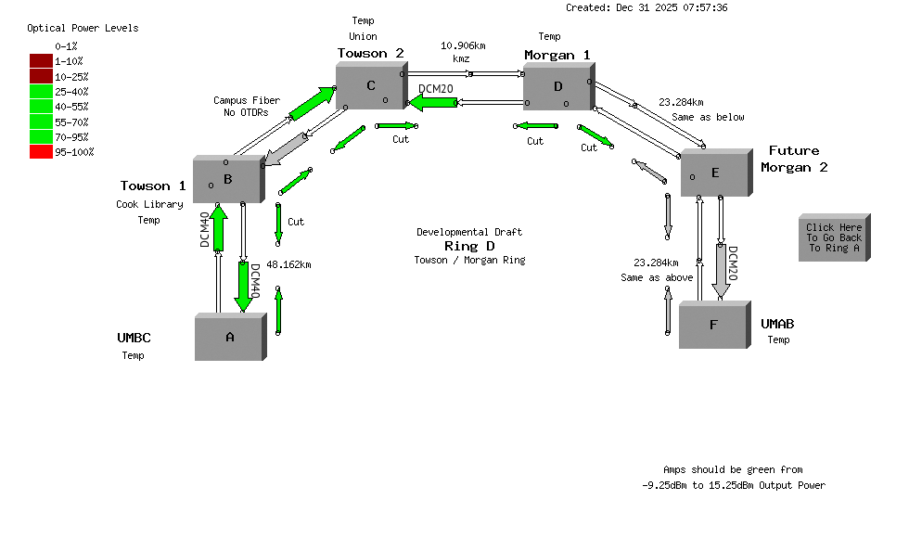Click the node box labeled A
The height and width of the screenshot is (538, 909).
[229, 338]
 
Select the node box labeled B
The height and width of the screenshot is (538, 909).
[227, 180]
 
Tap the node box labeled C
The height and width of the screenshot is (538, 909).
[370, 87]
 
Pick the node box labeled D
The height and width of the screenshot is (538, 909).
[558, 87]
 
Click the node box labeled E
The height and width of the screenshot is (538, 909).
[715, 173]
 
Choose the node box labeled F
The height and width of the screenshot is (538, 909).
[712, 325]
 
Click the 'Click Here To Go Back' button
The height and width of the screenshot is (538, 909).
[833, 238]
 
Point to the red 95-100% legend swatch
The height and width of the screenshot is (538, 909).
[41, 152]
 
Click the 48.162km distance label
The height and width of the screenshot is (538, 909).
[288, 264]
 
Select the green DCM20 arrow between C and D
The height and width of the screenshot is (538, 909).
[434, 102]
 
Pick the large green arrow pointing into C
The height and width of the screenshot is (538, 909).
[312, 103]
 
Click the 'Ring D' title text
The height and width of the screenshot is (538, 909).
[468, 246]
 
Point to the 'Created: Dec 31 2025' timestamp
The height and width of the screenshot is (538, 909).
[646, 7]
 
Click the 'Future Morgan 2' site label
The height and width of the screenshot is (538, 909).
[793, 159]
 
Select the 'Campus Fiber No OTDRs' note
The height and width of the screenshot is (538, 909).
[247, 107]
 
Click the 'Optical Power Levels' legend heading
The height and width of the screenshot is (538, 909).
[83, 28]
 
